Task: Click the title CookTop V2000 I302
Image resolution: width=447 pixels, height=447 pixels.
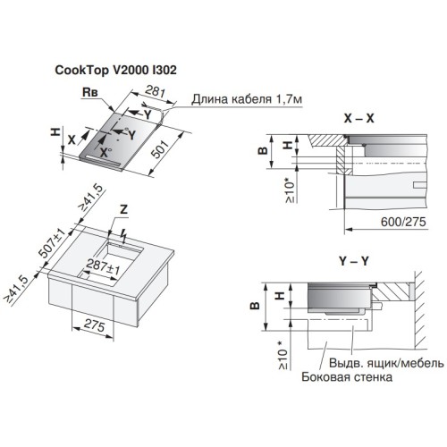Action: click(115, 70)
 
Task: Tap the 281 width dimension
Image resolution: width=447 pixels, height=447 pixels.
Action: click(155, 91)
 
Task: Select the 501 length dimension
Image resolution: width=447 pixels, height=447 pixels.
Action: click(160, 148)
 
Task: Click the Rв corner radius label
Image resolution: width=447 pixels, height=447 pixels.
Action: click(90, 92)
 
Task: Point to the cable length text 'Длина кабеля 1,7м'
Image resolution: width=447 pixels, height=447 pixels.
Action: click(247, 99)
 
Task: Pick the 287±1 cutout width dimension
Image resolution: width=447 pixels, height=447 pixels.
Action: click(103, 266)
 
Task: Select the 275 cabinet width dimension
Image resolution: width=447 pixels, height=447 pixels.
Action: click(94, 325)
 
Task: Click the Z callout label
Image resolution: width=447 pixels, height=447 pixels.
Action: click(123, 209)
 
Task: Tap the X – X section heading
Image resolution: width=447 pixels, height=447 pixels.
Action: click(358, 118)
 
